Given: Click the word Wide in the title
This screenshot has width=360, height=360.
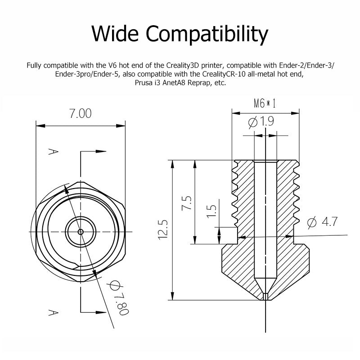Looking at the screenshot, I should [115, 34].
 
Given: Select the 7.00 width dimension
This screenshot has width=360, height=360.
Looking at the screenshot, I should [81, 113].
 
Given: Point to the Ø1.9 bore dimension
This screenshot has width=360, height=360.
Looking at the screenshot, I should [261, 121].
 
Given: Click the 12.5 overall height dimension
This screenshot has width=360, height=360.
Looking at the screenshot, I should [163, 229].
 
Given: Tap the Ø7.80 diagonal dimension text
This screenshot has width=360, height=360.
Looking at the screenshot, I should [116, 299].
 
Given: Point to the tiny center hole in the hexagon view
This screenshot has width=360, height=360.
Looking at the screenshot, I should [81, 232].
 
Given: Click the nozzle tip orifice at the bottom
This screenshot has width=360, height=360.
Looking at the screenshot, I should [266, 296].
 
